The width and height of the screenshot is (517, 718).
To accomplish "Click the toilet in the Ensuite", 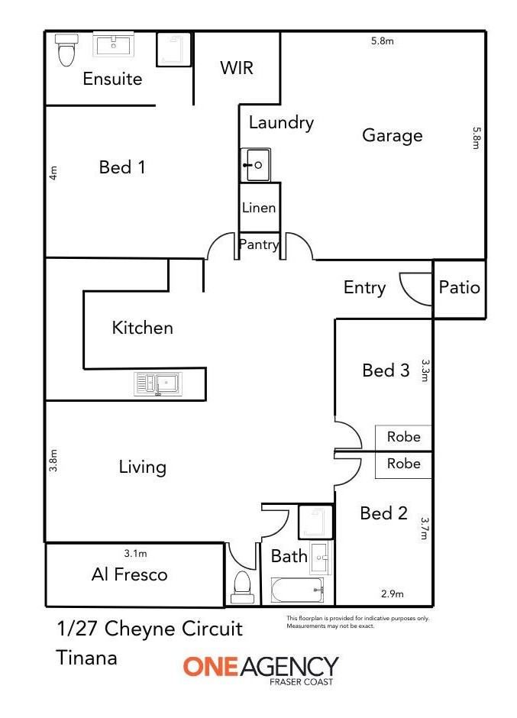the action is tap(66, 50).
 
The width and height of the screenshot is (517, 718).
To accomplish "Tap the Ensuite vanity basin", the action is tap(114, 45).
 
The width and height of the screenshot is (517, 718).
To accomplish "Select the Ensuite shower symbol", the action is tap(174, 50).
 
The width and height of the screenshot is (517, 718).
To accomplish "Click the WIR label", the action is tap(237, 68).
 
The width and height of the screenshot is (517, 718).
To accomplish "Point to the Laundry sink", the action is tap(256, 165).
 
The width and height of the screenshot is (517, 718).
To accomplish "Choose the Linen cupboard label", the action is tap(259, 208).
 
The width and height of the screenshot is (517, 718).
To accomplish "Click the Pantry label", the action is tap(259, 244).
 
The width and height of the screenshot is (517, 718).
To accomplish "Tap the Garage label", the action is tap(393, 135).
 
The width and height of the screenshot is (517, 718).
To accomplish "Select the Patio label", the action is tap(459, 287).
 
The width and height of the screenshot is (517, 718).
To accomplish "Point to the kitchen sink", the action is tap(158, 383).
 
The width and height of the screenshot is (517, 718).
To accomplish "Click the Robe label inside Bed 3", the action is tap(403, 437).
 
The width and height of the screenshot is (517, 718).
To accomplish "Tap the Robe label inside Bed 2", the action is tap(403, 464).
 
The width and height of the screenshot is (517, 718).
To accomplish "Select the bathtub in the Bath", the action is tap(298, 590).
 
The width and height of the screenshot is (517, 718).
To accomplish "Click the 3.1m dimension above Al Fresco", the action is tap(135, 554).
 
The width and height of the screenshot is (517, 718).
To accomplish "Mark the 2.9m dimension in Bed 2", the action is tap(393, 594).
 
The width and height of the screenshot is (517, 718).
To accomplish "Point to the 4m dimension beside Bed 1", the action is tap(53, 173).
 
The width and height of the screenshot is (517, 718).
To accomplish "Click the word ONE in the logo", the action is tap(211, 667).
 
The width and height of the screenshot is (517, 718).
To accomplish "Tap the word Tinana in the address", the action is tap(87, 658).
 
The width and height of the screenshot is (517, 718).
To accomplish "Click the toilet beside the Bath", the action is tap(242, 587).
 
